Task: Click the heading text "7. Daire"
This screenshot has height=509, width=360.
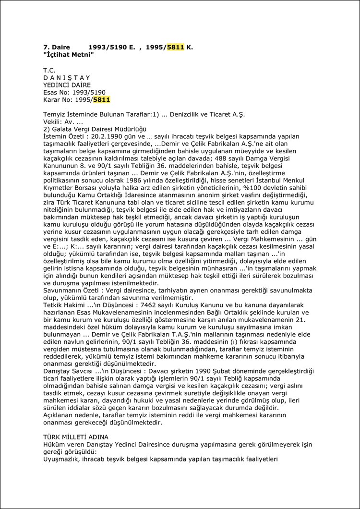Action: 56,47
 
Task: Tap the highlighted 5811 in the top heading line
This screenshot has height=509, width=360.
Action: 176,47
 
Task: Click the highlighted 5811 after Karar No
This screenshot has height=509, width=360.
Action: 102,100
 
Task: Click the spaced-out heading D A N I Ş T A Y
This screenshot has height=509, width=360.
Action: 67,77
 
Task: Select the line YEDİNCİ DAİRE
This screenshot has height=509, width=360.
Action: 67,85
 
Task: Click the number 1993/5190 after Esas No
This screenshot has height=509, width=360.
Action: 88,92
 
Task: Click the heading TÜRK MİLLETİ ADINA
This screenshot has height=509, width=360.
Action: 76,437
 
